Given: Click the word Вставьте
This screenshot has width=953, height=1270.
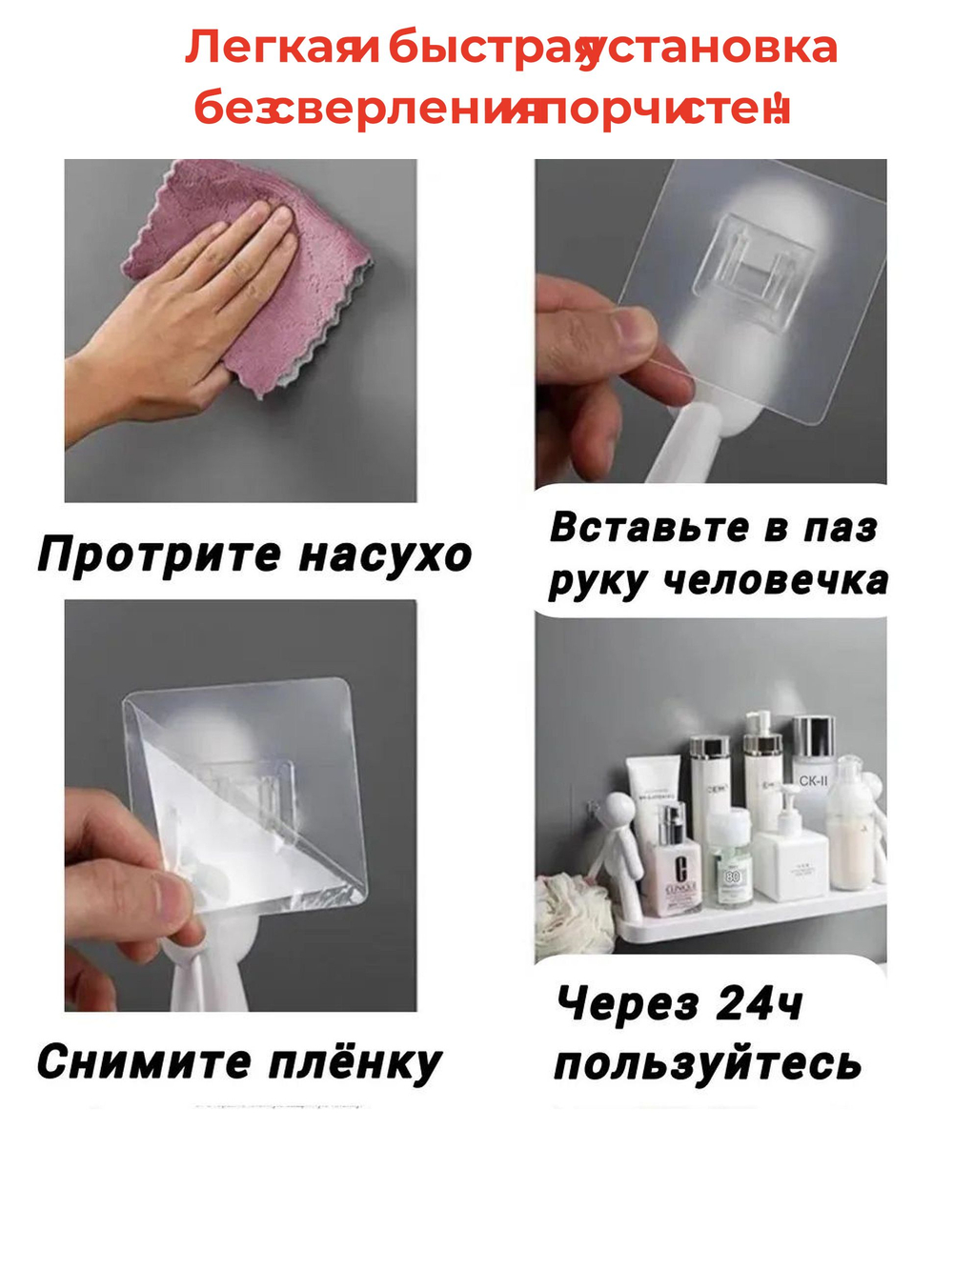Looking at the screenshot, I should (x=648, y=527).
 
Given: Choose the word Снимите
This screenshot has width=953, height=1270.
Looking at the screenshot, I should (x=143, y=1061).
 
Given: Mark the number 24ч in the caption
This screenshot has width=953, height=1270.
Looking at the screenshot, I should (x=759, y=1003).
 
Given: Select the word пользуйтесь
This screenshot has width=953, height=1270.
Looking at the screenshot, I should (x=707, y=1063).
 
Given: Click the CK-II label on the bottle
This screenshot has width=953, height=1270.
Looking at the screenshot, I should (x=813, y=781).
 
